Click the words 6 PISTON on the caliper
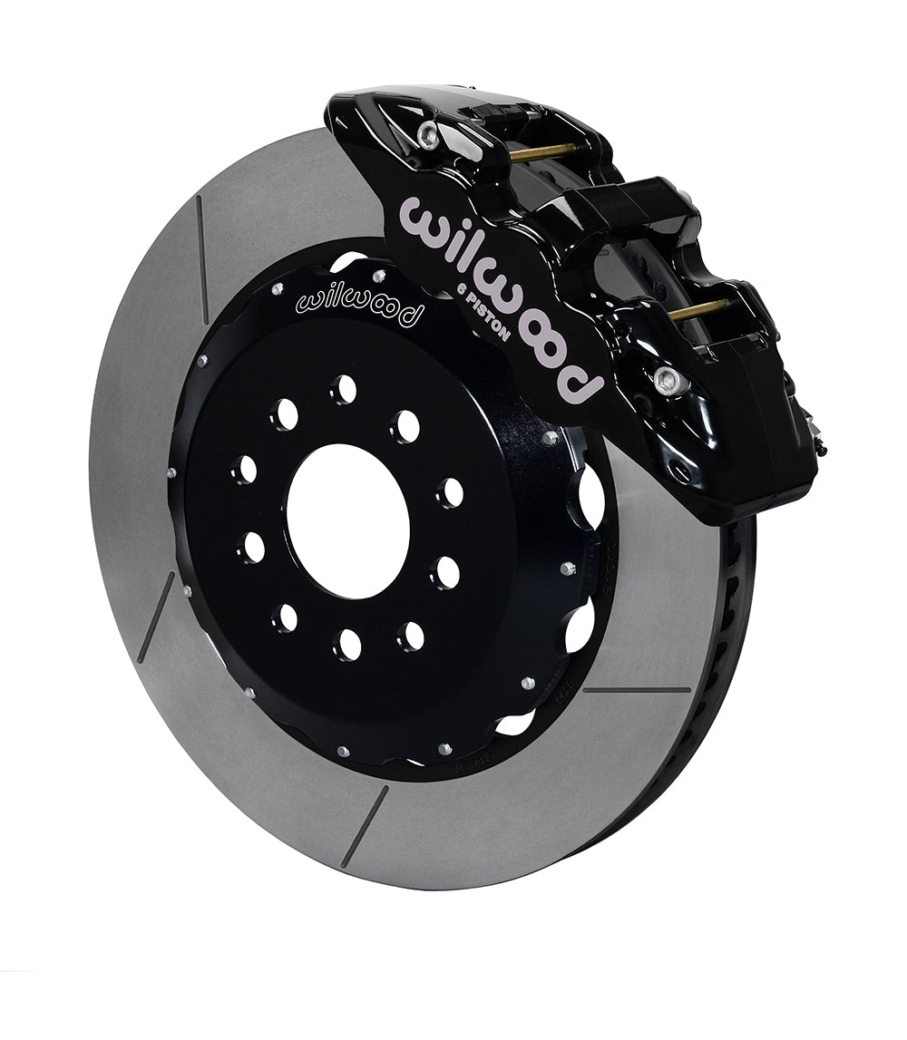coord(485,310)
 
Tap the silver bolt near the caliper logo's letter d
coord(664,379)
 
